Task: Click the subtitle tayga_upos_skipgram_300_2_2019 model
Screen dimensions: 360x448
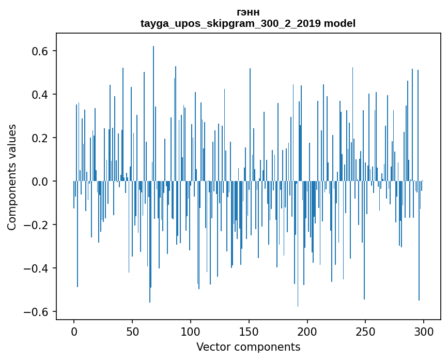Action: tap(248, 23)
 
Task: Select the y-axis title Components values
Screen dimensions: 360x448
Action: tap(12, 177)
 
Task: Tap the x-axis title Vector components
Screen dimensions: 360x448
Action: tap(248, 347)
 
